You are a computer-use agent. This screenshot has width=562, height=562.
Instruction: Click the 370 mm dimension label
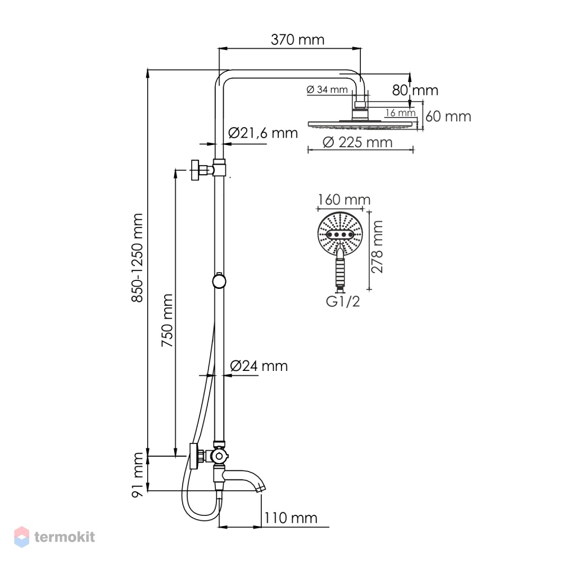[x=297, y=39]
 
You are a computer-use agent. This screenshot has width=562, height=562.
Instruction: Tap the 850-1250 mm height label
[x=137, y=258]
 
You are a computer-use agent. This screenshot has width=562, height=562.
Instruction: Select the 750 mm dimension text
[x=167, y=320]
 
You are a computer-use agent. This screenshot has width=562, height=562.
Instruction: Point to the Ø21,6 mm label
[x=262, y=133]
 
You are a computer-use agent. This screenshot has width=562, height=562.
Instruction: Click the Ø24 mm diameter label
[x=259, y=366]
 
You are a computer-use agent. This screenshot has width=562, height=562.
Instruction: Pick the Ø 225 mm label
[x=357, y=142]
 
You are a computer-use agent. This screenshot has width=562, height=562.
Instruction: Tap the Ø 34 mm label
[x=327, y=89]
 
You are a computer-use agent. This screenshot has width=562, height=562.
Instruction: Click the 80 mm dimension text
[x=415, y=90]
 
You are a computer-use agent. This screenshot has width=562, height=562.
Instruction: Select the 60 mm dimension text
[x=448, y=116]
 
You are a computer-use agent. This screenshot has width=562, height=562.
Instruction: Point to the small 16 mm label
[x=400, y=112]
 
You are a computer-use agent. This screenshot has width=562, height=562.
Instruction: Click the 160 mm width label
[x=344, y=200]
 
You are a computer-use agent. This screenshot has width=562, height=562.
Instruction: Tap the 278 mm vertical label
[x=377, y=247]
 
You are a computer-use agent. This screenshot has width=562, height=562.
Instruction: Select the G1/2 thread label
[x=343, y=301]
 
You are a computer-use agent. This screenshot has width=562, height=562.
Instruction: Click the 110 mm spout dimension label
[x=291, y=518]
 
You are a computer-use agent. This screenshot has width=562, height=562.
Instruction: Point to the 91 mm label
[x=137, y=474]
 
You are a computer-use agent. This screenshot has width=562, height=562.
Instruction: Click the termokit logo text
[x=65, y=537]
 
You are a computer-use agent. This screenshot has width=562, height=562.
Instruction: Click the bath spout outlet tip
[x=262, y=488]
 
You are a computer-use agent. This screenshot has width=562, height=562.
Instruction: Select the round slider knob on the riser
[x=219, y=281]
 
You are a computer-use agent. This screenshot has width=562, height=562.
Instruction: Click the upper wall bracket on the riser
[x=209, y=169]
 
